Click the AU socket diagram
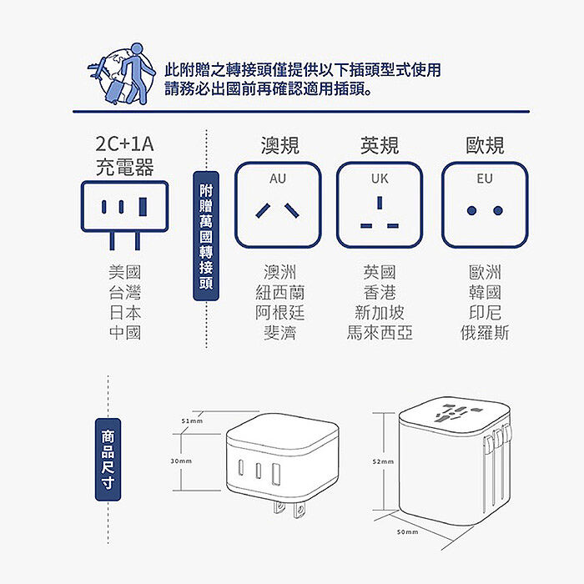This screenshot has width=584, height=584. pos(278,205)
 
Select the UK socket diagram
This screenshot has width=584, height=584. pos(380,205)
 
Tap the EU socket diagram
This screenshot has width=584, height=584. pos(485,205)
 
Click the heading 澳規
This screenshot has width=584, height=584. pos(279,146)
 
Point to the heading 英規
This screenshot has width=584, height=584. pos(380,146)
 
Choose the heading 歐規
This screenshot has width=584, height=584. pos(485,146)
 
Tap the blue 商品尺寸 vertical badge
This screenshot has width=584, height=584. pos(108,459)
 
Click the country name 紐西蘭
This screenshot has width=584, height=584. pos(279,293)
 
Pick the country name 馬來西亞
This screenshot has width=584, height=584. pos(380,333)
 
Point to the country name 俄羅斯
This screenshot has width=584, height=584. pos(485,333)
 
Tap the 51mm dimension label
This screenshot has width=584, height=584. pos(192,421)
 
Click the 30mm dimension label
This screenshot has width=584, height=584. pos(181,461)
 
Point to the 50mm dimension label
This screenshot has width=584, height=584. pos(407,531)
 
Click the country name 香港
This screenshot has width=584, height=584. pos(380,293)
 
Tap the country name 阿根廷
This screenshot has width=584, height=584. pos(279,313)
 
